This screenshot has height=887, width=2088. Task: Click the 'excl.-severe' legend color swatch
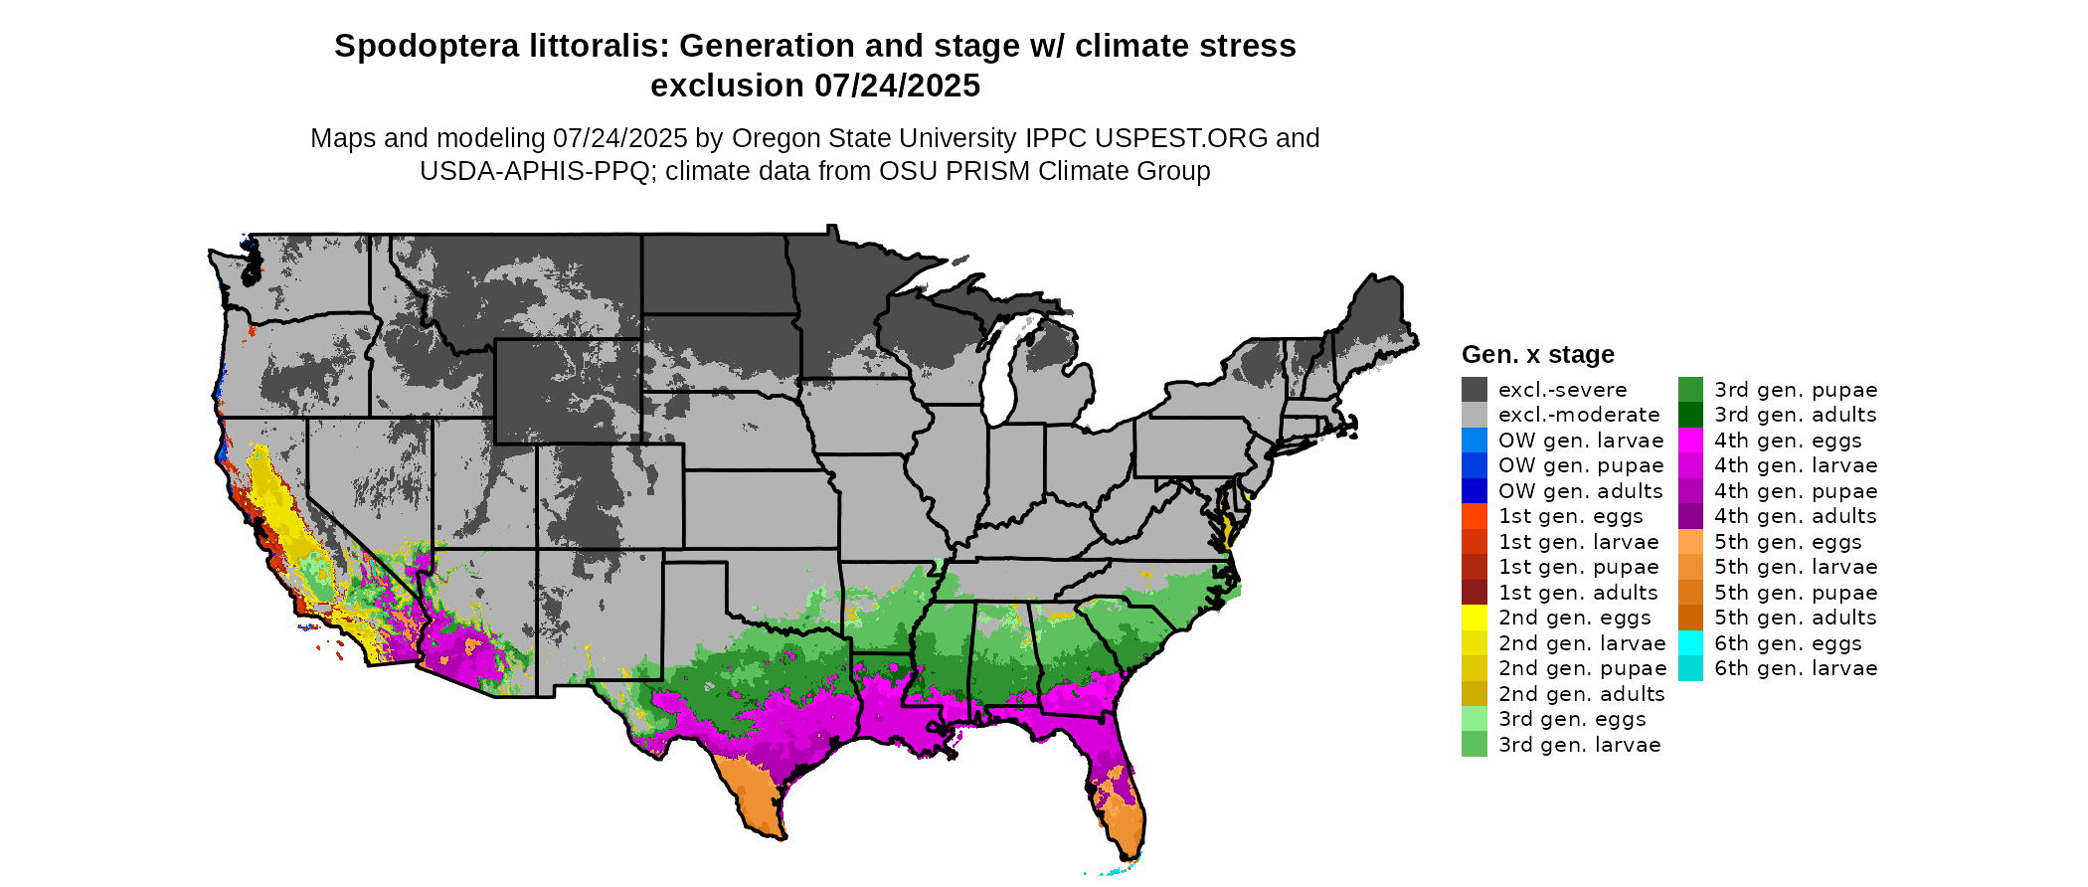[1474, 390]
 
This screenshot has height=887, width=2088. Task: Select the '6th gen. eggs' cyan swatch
[1690, 643]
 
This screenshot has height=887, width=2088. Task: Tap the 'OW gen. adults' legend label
[1580, 491]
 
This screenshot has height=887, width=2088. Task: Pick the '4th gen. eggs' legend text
[1787, 441]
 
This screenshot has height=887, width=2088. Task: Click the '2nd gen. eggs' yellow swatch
[1474, 618]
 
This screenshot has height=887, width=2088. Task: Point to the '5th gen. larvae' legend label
[1795, 567]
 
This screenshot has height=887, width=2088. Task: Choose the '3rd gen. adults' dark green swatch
[1690, 415]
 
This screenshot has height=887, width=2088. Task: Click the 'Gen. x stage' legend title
[1537, 354]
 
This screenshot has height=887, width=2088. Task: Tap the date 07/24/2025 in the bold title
[897, 86]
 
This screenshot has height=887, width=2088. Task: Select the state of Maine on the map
[1377, 318]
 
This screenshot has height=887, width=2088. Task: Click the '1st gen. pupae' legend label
[1578, 567]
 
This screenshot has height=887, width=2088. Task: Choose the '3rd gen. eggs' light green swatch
[1474, 719]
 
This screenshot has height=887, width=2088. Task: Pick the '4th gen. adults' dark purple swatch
[1690, 516]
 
